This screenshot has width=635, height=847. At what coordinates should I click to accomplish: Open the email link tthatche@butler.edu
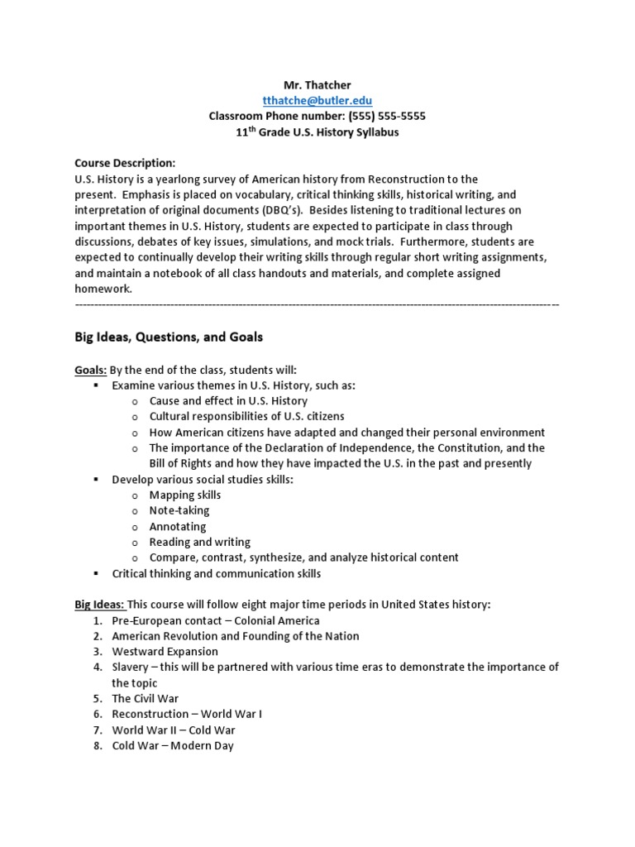click(317, 100)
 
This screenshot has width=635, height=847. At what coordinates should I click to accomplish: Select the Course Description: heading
click(125, 163)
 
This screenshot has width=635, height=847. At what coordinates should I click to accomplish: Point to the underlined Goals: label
click(91, 370)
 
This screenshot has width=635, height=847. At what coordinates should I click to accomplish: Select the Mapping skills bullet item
click(184, 495)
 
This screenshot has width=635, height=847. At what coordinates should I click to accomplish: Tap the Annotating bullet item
click(178, 526)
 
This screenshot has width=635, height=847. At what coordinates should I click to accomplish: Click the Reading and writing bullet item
click(199, 542)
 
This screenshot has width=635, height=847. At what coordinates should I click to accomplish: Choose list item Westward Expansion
click(165, 652)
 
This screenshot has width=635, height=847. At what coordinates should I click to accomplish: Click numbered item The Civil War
click(145, 699)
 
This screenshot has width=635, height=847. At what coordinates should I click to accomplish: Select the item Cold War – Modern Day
click(173, 746)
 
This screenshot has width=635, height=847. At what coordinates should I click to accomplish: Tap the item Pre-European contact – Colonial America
click(215, 620)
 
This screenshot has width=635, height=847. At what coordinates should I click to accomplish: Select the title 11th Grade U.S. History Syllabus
click(317, 132)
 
